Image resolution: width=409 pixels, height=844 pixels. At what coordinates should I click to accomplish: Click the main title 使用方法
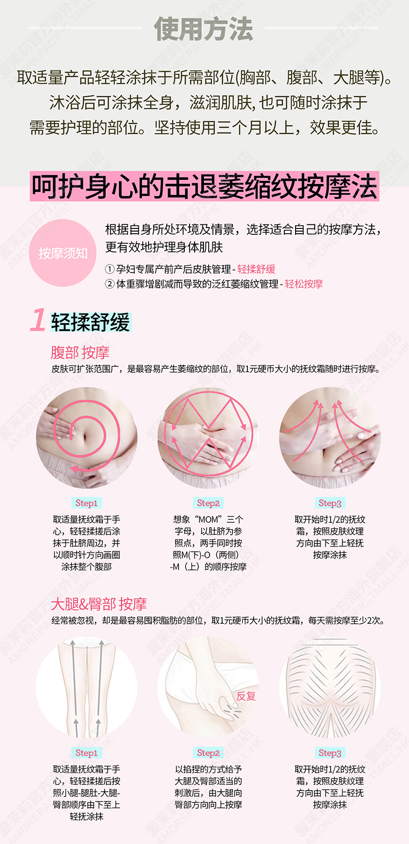pyautogui.click(x=203, y=29)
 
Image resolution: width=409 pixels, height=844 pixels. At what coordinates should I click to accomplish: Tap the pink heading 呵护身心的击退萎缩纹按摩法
pyautogui.click(x=204, y=187)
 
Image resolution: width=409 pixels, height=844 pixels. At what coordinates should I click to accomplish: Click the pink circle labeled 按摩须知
pyautogui.click(x=63, y=253)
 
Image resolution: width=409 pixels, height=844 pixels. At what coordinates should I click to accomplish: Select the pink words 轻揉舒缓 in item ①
pyautogui.click(x=256, y=269)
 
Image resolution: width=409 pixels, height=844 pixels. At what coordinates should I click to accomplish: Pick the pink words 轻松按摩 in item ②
pyautogui.click(x=303, y=284)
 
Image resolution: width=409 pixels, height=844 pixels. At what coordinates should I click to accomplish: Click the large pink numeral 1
pyautogui.click(x=38, y=320)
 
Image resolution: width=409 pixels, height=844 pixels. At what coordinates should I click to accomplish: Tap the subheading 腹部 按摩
pyautogui.click(x=80, y=353)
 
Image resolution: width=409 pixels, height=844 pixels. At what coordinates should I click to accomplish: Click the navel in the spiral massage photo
pyautogui.click(x=84, y=437)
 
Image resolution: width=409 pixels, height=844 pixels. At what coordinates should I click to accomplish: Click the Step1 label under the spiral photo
pyautogui.click(x=86, y=503)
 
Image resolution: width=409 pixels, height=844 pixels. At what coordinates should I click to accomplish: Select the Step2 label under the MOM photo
pyautogui.click(x=208, y=503)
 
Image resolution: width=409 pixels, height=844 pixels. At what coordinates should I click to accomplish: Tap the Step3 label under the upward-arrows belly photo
pyautogui.click(x=330, y=503)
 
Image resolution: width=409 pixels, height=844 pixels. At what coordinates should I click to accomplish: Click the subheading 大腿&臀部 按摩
pyautogui.click(x=99, y=604)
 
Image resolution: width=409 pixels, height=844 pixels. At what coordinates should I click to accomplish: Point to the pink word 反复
pyautogui.click(x=246, y=696)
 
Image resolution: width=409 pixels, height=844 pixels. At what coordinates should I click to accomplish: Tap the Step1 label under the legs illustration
pyautogui.click(x=86, y=753)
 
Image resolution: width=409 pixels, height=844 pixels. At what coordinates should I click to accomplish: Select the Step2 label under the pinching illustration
pyautogui.click(x=208, y=753)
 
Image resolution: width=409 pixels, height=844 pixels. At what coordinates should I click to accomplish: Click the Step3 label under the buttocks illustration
pyautogui.click(x=330, y=753)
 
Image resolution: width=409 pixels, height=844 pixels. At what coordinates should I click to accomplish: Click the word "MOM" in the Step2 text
pyautogui.click(x=208, y=520)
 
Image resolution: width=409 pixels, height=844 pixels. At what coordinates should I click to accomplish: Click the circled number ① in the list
pyautogui.click(x=109, y=269)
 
